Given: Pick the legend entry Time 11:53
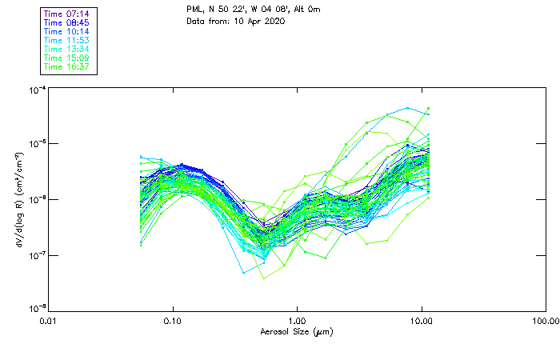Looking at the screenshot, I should (x=67, y=41).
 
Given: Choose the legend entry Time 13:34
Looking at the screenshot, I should (x=67, y=50).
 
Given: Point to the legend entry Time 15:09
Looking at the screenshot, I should (x=67, y=58).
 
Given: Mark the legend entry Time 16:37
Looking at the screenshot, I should (x=67, y=67).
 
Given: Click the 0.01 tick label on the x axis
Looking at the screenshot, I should (x=49, y=321).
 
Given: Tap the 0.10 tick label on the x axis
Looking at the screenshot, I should (x=173, y=321).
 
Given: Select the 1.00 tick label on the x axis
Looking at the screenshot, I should (x=298, y=321).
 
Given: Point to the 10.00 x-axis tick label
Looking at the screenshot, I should (x=422, y=321).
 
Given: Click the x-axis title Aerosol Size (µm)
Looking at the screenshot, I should (x=297, y=331).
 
